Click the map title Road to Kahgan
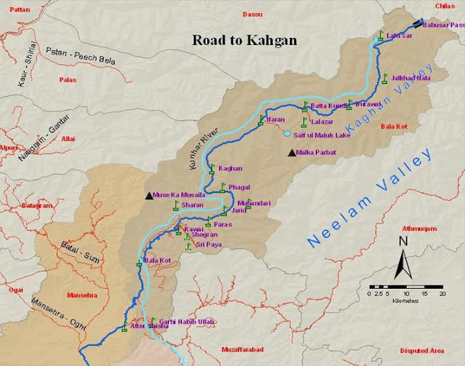point(244,40)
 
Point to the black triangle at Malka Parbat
point(292,153)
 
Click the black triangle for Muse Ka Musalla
point(149,195)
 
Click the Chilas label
point(445,5)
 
